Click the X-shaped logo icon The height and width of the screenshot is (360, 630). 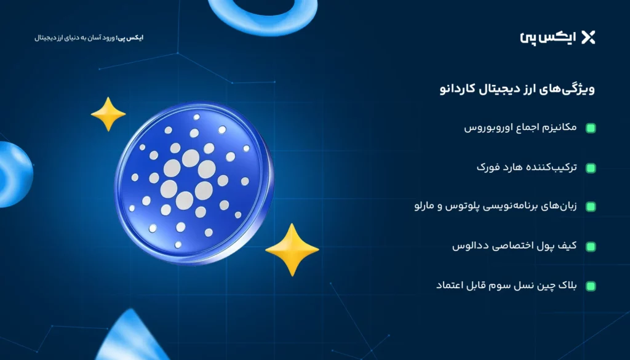click(x=588, y=38)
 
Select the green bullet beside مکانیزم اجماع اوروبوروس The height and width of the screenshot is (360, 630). click(x=591, y=128)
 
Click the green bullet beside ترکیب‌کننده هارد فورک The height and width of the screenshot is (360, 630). click(x=591, y=167)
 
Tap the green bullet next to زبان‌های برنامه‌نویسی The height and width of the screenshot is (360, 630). click(x=591, y=207)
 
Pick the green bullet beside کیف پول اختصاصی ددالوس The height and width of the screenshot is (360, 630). click(x=591, y=246)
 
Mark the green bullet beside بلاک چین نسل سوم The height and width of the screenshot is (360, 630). click(x=591, y=286)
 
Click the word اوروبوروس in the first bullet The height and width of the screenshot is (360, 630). click(x=484, y=128)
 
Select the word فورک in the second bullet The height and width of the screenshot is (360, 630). click(x=488, y=167)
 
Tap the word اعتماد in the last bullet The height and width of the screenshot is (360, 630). click(x=450, y=286)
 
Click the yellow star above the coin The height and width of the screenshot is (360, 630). click(x=108, y=114)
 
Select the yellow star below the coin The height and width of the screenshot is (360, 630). click(x=292, y=249)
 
